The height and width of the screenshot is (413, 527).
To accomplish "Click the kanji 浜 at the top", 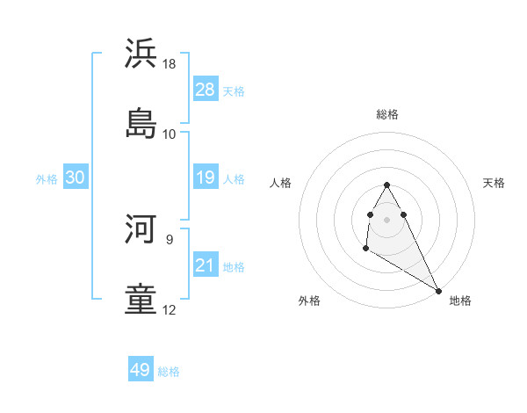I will (x=141, y=53).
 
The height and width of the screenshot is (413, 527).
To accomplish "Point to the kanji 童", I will (x=141, y=298).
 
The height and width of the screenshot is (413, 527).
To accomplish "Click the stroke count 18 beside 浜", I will (x=170, y=64).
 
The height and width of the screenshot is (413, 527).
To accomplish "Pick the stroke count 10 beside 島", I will (x=170, y=134).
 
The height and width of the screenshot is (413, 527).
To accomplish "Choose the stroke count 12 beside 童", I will (x=170, y=310).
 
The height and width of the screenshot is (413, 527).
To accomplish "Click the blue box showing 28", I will (x=205, y=90).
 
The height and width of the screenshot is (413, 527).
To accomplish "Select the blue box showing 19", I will (x=205, y=178).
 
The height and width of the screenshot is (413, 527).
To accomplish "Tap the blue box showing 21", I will (x=205, y=265).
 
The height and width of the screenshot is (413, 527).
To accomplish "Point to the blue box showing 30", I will (x=76, y=178).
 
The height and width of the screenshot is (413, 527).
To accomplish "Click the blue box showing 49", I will (x=141, y=370).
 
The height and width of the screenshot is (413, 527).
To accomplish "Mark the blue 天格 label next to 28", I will (x=234, y=91).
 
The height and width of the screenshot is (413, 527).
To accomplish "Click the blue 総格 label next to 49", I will (x=169, y=372).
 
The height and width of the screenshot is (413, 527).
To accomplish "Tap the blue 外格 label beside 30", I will (x=47, y=179).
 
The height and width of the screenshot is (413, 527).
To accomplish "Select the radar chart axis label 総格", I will (x=386, y=114).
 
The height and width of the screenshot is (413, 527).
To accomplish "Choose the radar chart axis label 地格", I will (x=460, y=301).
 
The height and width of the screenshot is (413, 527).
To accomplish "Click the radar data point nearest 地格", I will (x=438, y=291).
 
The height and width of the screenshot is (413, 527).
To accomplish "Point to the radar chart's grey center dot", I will (x=386, y=219).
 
